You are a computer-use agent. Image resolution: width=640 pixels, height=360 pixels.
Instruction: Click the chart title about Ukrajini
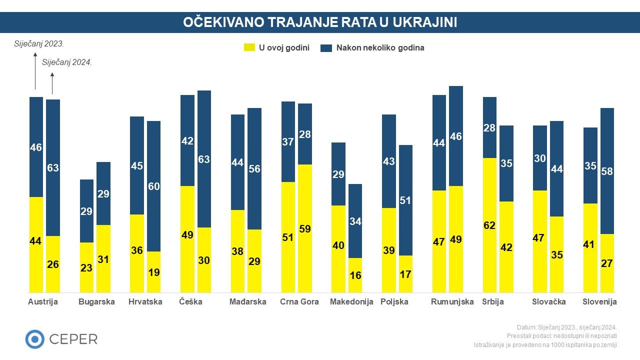[320, 22]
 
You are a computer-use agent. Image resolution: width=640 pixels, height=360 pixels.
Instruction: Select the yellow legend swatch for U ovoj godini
[249, 48]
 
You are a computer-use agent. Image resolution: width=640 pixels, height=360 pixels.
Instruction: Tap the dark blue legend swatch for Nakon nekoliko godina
[326, 48]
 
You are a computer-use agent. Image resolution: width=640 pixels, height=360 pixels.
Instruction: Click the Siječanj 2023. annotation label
[39, 44]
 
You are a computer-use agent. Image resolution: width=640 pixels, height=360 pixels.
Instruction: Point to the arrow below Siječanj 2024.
[52, 83]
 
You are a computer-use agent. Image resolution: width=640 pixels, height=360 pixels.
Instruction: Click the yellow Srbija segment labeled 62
[489, 225]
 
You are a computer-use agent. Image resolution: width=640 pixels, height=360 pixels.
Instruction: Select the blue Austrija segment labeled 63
[53, 167]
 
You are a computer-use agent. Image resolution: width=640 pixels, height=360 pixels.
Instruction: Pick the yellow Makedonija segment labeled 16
[355, 275]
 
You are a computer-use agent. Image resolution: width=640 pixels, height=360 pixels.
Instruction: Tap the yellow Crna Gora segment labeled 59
[305, 228]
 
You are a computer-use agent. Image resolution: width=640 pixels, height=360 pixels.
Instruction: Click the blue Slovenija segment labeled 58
[607, 171]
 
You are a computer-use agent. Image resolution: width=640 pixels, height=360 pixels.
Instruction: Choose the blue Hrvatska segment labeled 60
[154, 186]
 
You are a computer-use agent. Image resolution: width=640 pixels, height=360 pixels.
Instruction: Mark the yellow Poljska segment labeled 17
[405, 274]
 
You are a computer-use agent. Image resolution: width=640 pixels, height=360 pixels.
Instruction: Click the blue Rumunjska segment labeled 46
[456, 136]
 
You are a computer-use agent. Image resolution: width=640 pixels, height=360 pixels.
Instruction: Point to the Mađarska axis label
[248, 302]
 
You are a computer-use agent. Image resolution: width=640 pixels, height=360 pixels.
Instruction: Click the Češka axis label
[191, 302]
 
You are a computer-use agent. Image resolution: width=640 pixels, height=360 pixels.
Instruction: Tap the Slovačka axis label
[549, 302]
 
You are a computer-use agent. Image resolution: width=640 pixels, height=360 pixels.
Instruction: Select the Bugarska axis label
[96, 302]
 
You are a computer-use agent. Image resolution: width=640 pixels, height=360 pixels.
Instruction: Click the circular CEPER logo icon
[35, 339]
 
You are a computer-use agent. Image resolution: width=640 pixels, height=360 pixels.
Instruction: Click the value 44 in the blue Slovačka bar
[557, 169]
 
